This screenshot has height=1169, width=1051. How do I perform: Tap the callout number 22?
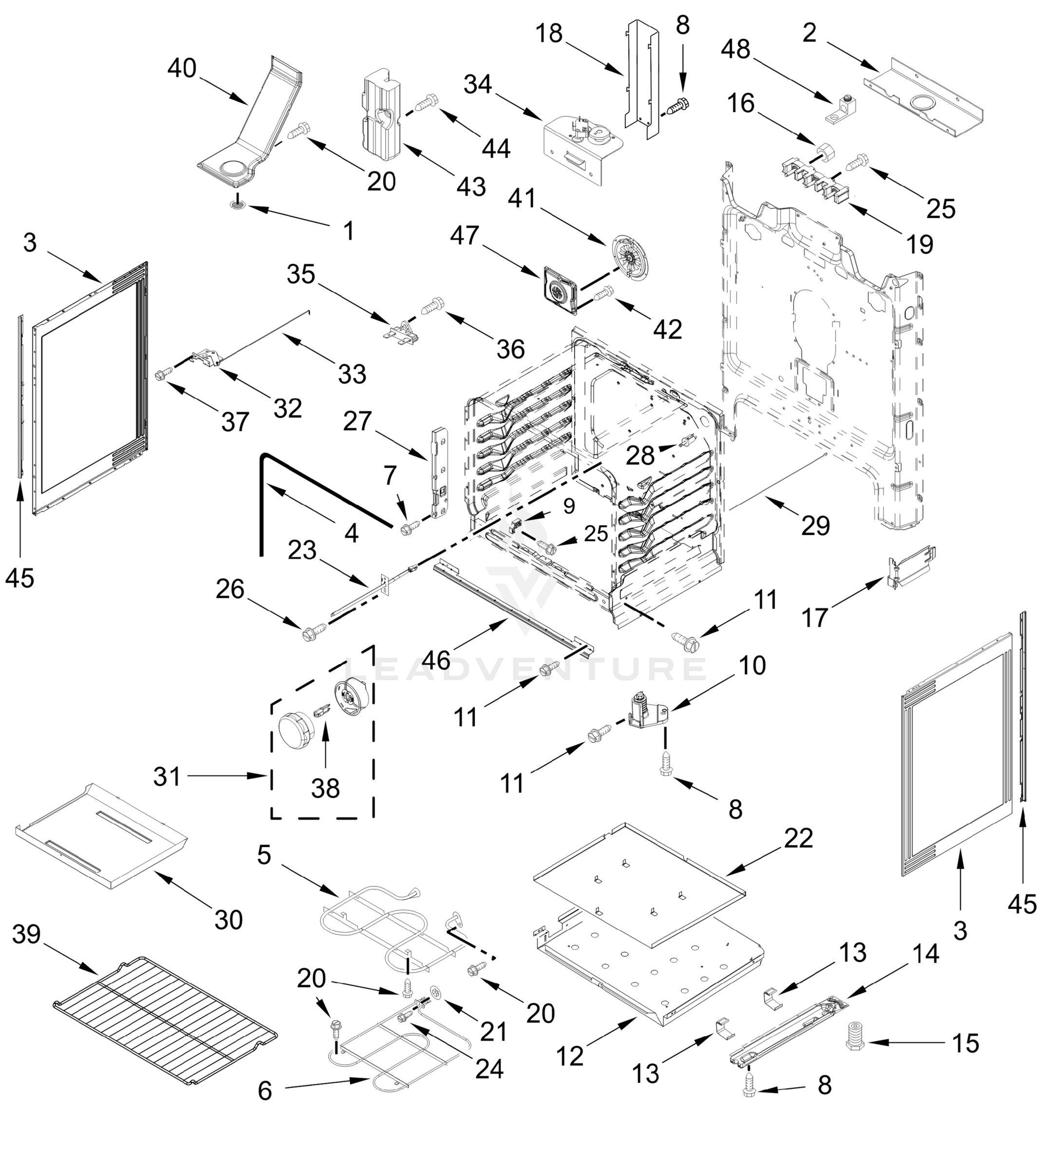click(799, 838)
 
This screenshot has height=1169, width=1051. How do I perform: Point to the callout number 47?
click(465, 235)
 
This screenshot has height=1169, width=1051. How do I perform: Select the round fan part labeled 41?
click(629, 254)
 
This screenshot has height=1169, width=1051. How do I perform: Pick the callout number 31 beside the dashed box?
click(168, 777)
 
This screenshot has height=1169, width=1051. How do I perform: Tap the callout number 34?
click(478, 84)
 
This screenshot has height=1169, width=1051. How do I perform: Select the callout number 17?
click(815, 618)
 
